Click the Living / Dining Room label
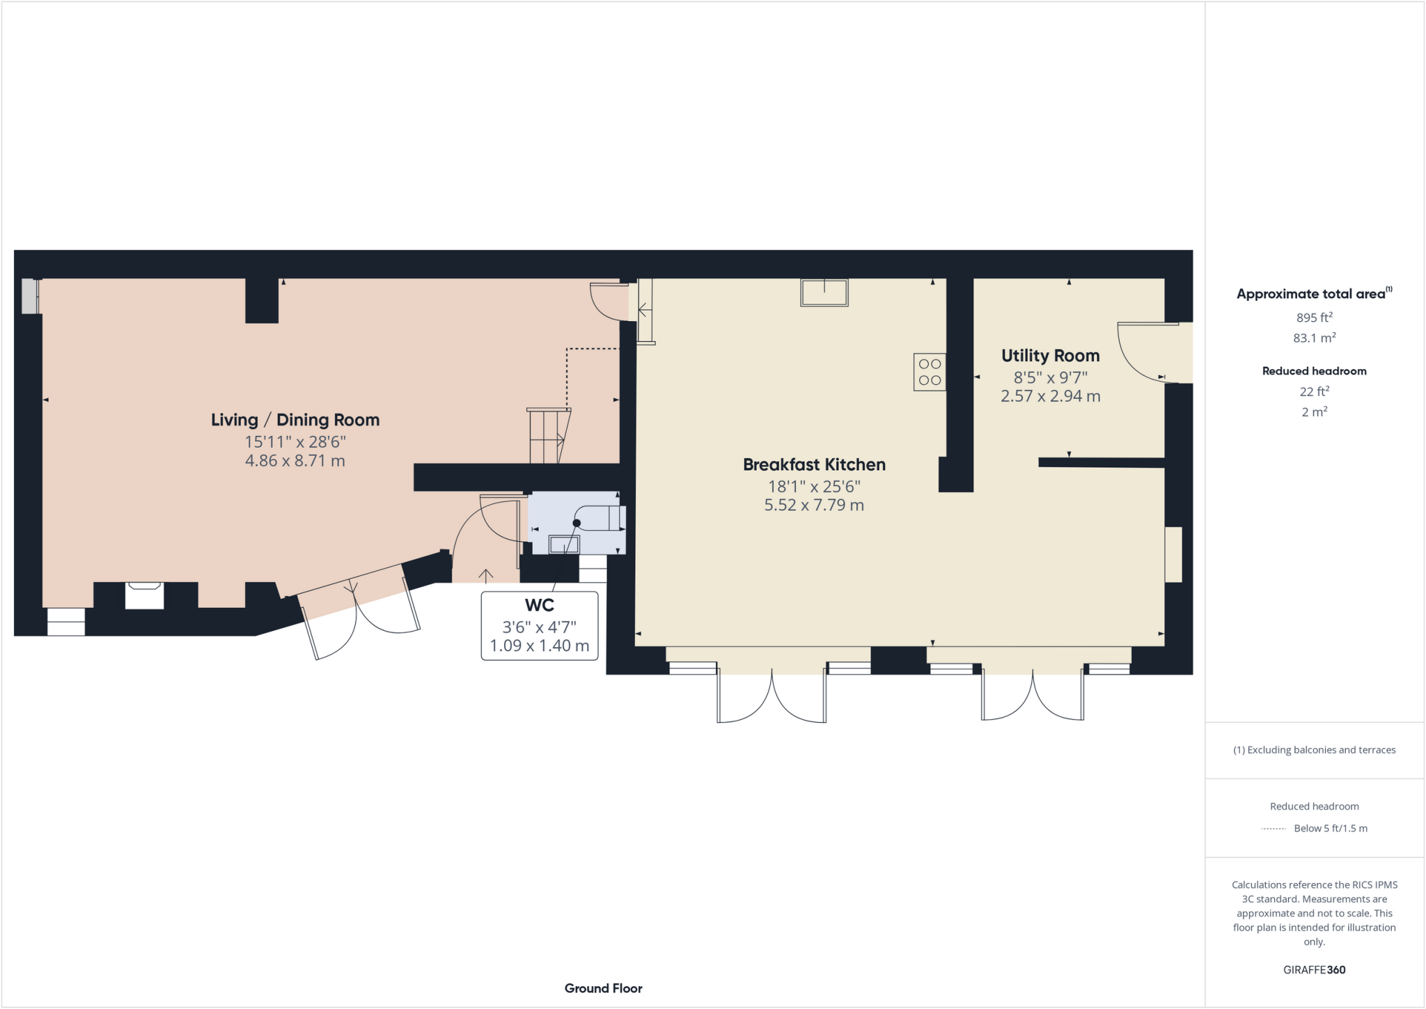click(295, 420)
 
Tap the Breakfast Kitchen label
click(814, 464)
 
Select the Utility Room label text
click(1050, 356)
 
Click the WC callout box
click(540, 625)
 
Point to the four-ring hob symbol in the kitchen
click(930, 372)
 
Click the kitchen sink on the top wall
click(824, 292)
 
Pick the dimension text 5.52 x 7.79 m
click(814, 506)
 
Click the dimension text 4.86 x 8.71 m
click(295, 461)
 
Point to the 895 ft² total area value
click(1314, 318)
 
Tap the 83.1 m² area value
click(1314, 338)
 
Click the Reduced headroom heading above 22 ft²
click(1314, 371)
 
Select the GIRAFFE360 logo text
click(1314, 970)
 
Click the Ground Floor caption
click(603, 988)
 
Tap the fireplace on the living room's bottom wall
click(144, 595)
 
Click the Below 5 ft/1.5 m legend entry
click(1330, 829)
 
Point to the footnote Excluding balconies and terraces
click(1314, 750)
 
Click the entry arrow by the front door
click(486, 575)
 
